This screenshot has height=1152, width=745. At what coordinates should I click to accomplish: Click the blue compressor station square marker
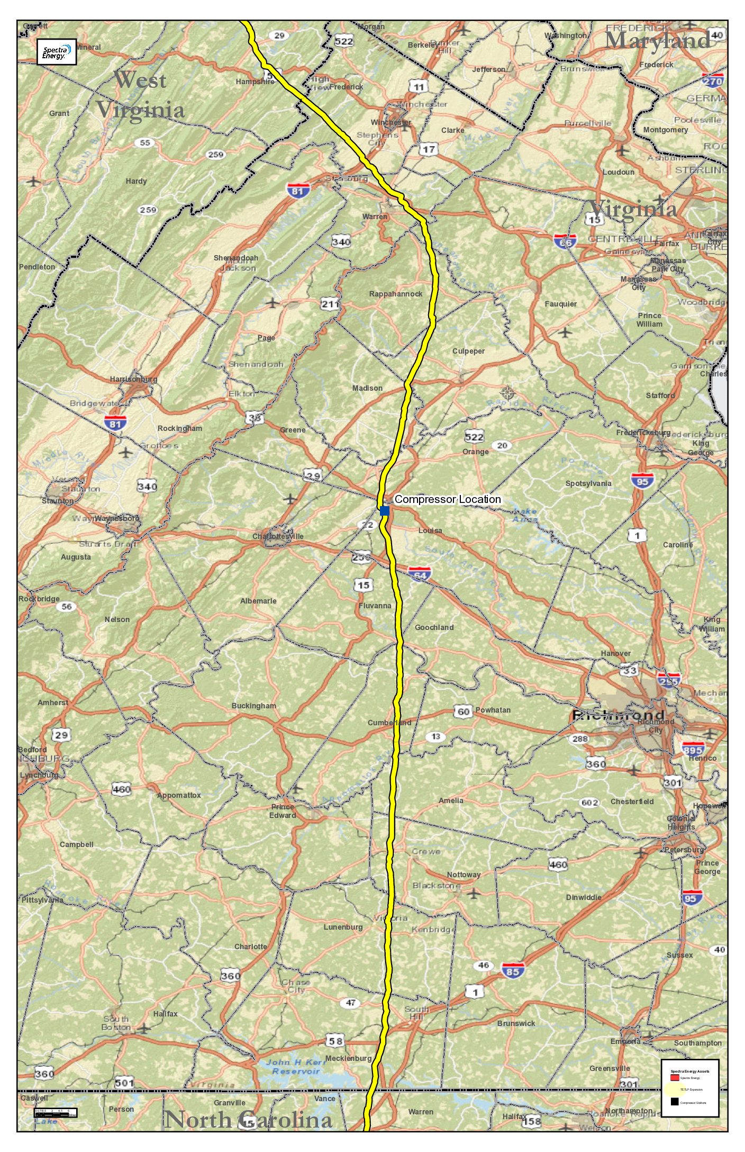[x=385, y=510]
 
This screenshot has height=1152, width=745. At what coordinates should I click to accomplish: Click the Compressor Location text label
[x=447, y=499]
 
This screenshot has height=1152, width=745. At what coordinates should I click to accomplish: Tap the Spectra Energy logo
[x=57, y=52]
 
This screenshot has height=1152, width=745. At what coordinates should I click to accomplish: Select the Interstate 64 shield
[x=420, y=574]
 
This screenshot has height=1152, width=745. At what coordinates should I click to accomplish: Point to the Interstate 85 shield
[x=513, y=970]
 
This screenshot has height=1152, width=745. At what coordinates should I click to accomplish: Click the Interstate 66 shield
[x=565, y=241]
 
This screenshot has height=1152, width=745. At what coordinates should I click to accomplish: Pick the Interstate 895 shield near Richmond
[x=693, y=749]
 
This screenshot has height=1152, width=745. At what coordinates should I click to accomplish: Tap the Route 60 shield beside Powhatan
[x=463, y=711]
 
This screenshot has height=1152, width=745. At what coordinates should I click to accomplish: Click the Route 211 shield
[x=330, y=304]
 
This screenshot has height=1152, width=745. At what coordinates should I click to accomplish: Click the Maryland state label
[x=658, y=40]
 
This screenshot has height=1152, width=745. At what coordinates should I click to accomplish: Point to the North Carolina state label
[x=249, y=1119]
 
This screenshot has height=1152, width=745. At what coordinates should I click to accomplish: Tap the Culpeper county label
[x=468, y=351]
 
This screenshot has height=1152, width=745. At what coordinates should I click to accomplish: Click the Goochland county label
[x=434, y=627]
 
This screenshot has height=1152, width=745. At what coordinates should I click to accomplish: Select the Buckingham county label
[x=253, y=706]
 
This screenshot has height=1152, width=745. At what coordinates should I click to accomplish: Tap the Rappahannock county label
[x=396, y=294]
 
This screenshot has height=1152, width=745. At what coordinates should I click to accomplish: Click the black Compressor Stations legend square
[x=674, y=1102]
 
